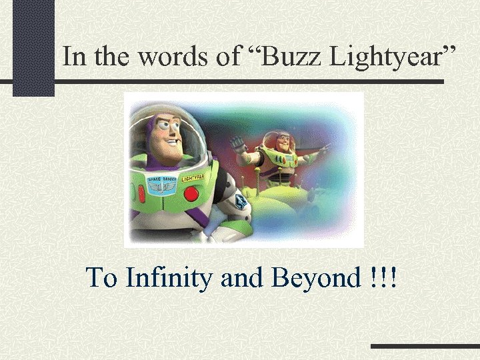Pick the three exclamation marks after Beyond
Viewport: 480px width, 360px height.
click(x=382, y=277)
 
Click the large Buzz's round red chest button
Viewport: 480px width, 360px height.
click(x=192, y=194)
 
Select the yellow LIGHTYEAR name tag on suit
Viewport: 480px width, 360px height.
click(x=193, y=177)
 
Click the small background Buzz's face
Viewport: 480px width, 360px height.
click(x=282, y=143)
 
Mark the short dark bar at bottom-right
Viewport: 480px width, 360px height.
click(x=425, y=347)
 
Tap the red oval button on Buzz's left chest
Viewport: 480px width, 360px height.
click(x=141, y=194)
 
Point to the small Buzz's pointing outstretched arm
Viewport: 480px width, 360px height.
click(x=318, y=154)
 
